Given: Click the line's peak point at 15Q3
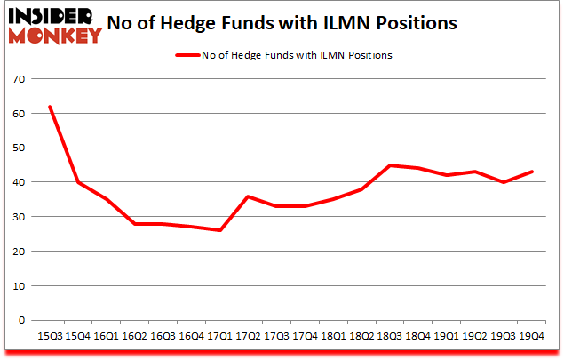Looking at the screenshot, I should click(50, 107).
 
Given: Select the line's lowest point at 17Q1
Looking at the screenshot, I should click(219, 230).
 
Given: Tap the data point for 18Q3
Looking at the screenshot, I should click(389, 165).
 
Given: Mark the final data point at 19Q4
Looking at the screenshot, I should click(531, 172).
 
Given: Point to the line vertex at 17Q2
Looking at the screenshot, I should click(248, 196).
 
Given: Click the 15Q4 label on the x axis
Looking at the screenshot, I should click(78, 336).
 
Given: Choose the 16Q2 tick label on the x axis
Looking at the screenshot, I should click(135, 336).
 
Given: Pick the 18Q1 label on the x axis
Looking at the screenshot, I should click(333, 336).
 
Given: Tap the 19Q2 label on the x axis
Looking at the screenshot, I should click(474, 336).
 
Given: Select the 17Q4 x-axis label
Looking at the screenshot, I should click(305, 336).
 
